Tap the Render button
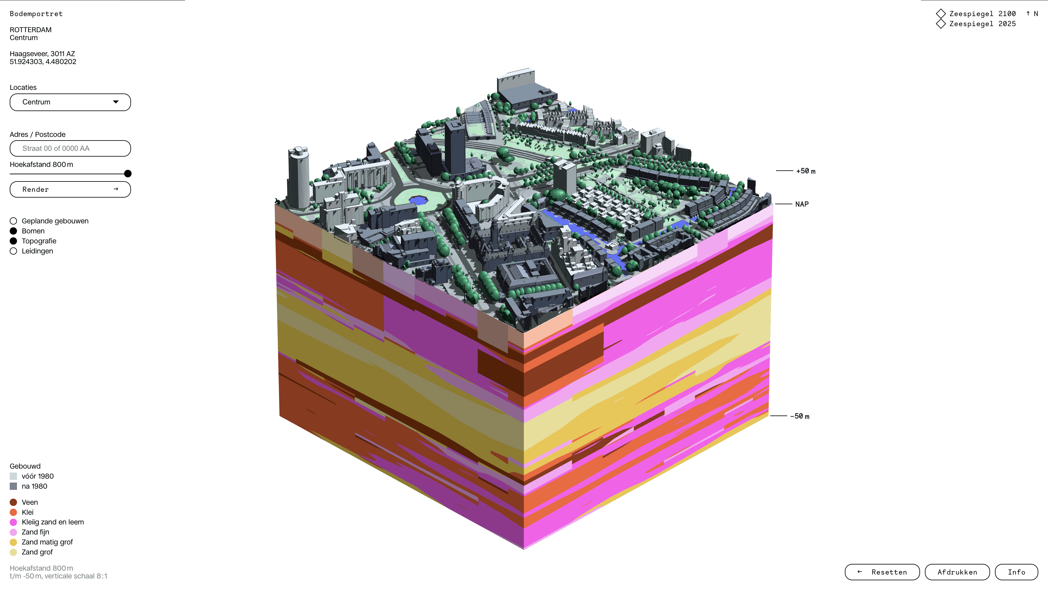pos(70,189)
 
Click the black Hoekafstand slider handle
pos(128,174)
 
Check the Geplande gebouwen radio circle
pos(13,221)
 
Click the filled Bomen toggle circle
pos(13,231)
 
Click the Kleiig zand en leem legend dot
pos(13,522)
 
